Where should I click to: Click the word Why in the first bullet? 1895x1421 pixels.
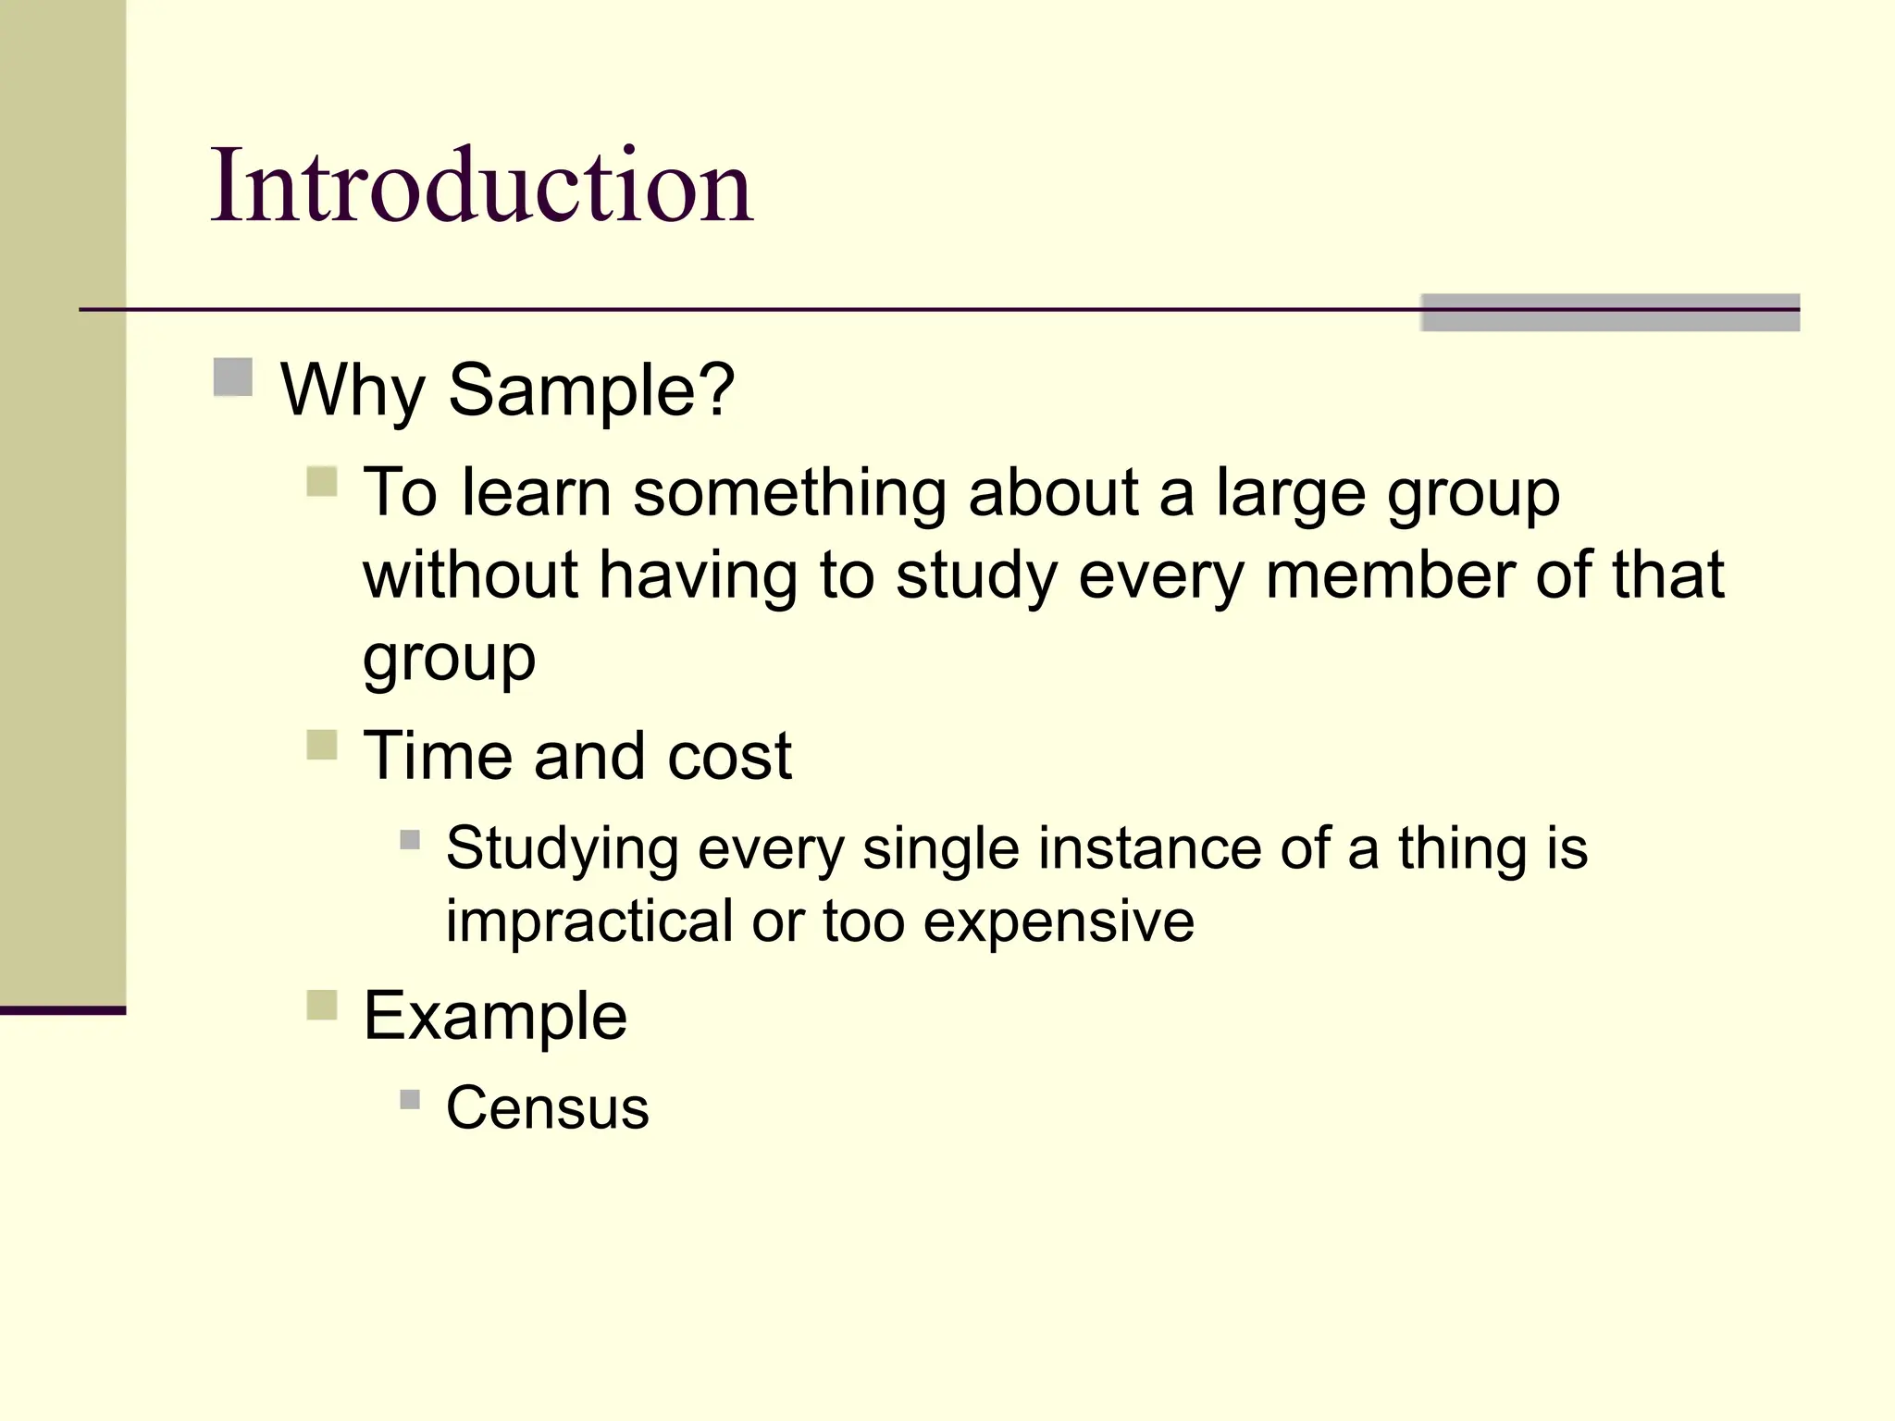pyautogui.click(x=352, y=390)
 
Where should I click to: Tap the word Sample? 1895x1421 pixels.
pyautogui.click(x=591, y=390)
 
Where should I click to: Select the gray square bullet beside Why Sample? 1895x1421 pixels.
pyautogui.click(x=233, y=377)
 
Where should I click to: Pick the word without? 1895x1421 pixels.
pyautogui.click(x=470, y=575)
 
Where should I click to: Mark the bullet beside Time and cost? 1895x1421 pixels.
pyautogui.click(x=322, y=745)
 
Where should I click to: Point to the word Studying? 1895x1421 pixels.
pyautogui.click(x=562, y=849)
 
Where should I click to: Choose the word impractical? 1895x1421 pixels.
pyautogui.click(x=589, y=921)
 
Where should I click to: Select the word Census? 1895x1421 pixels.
pyautogui.click(x=547, y=1107)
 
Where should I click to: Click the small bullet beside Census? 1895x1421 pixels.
pyautogui.click(x=410, y=1099)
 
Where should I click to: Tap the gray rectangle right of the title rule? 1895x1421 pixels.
pyautogui.click(x=1609, y=313)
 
